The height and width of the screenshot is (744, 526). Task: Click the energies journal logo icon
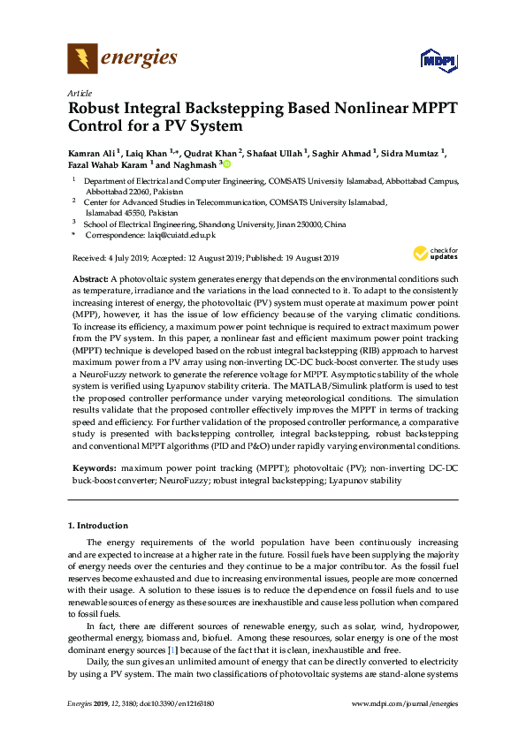pos(82,59)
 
